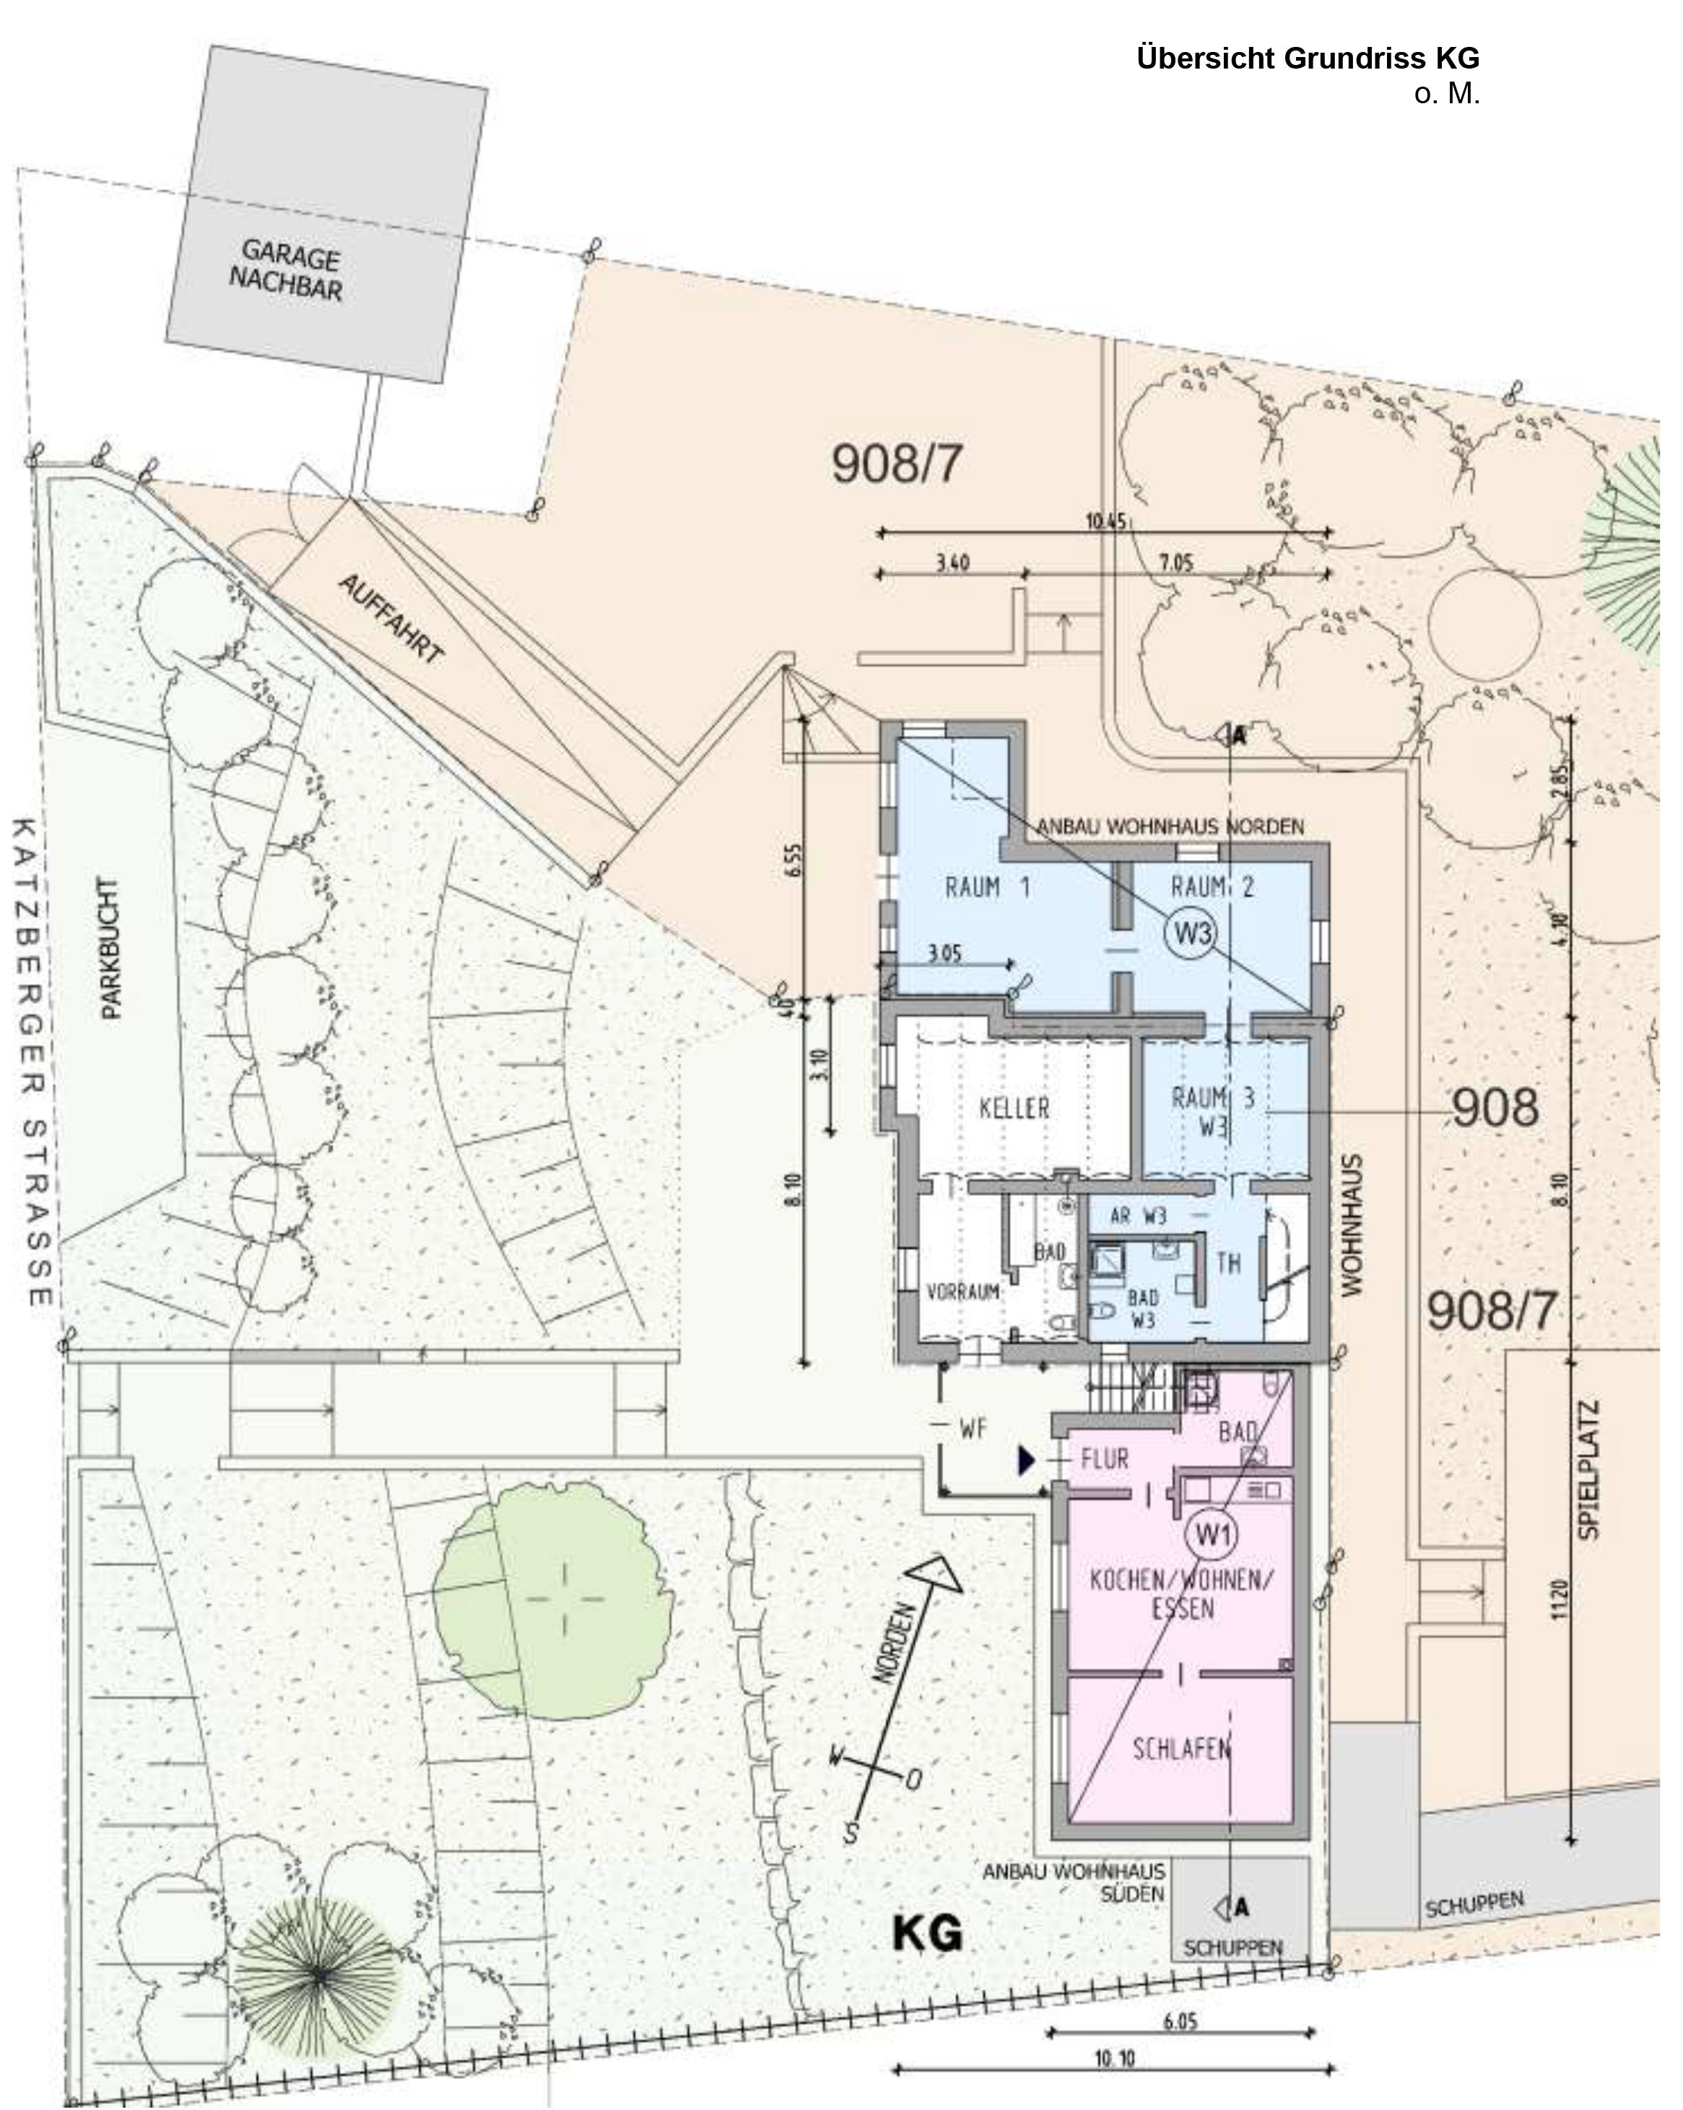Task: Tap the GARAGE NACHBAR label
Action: (x=287, y=270)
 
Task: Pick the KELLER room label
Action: (x=1014, y=1108)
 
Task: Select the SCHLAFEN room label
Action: (x=1181, y=1749)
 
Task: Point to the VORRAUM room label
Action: (x=963, y=1292)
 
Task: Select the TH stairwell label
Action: (x=1229, y=1264)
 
